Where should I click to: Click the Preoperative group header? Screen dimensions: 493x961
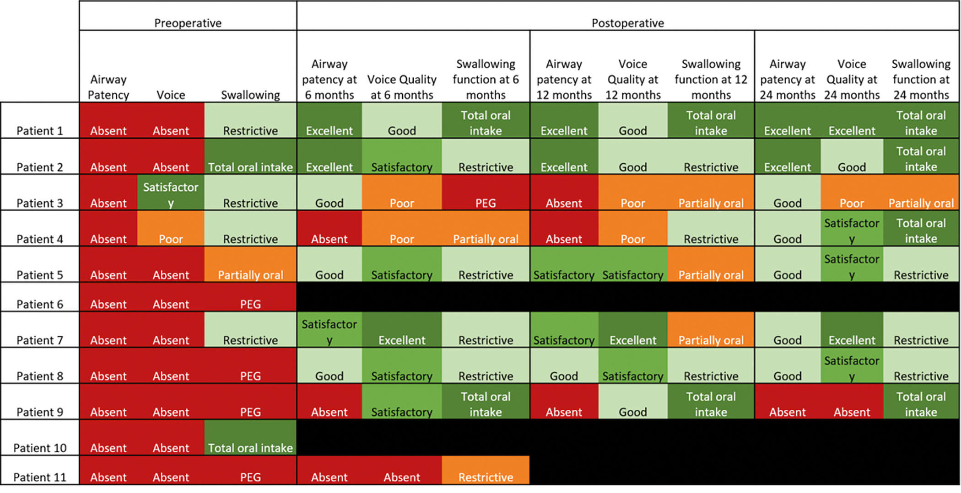pos(188,23)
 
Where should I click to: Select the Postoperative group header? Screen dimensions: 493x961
pos(627,23)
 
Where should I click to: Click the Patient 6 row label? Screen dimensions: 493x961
pos(40,304)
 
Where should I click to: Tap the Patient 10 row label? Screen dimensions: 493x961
pos(40,448)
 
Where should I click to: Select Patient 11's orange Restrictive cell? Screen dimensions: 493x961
pos(486,471)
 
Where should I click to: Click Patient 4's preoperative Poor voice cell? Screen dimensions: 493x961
pos(171,229)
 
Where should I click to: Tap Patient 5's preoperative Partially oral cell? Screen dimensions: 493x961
pos(250,265)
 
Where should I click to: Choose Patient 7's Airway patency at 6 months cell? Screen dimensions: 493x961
pos(329,330)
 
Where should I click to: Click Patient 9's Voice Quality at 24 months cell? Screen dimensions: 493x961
pos(852,402)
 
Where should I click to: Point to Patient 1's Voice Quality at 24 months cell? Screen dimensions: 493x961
pos(852,121)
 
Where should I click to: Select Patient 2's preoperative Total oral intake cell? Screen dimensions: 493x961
pos(250,157)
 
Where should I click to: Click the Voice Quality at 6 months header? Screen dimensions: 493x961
pos(402,87)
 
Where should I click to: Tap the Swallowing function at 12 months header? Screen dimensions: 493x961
pos(711,79)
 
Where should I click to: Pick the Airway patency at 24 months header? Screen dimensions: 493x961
pos(787,79)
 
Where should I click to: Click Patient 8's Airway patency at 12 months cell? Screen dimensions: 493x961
pos(564,366)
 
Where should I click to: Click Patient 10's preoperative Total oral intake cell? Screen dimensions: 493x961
pos(250,438)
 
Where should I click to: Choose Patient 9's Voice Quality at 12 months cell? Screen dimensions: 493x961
pos(633,402)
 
